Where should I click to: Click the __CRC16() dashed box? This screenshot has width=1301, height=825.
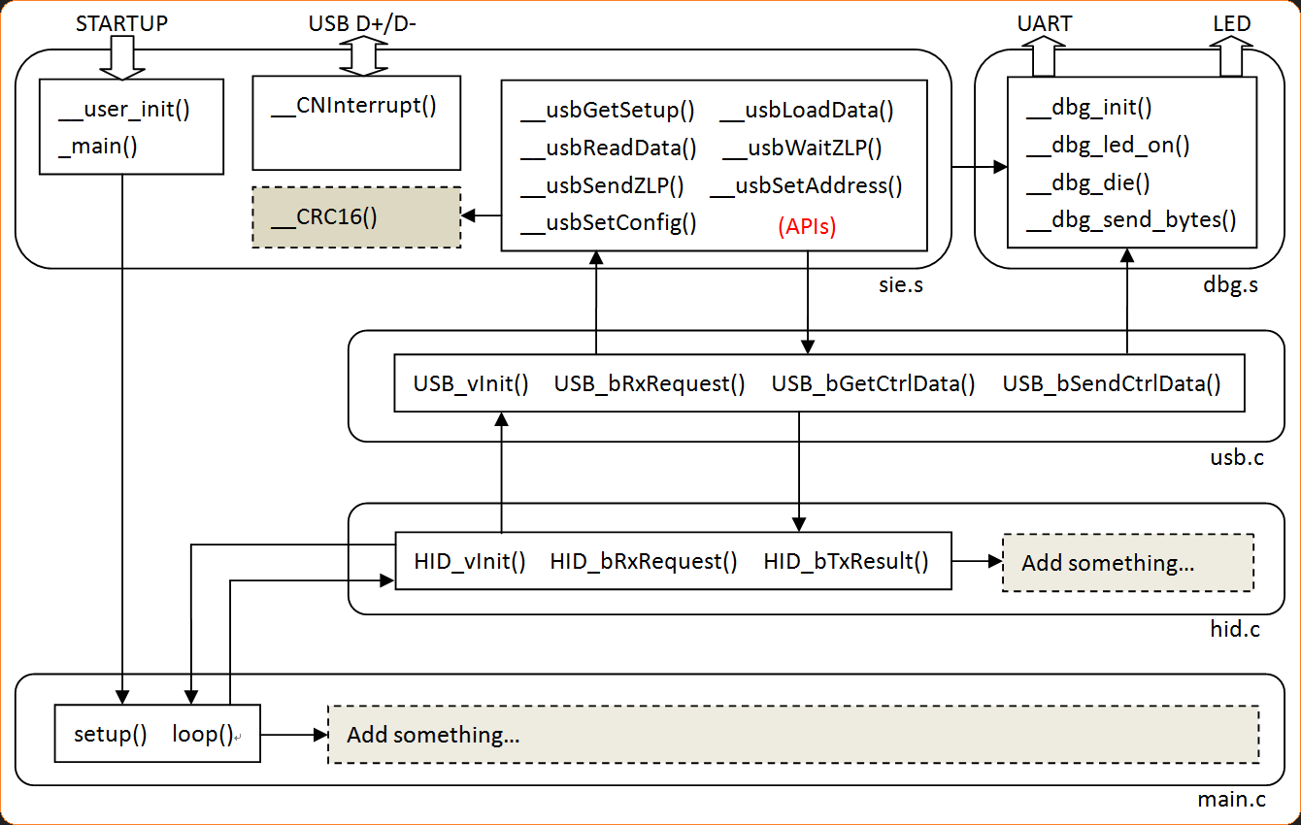click(x=356, y=217)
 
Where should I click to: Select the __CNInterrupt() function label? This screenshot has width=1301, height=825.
click(x=353, y=105)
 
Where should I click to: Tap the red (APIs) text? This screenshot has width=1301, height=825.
click(x=807, y=226)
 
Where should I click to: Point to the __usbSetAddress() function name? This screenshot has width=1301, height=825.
click(x=806, y=185)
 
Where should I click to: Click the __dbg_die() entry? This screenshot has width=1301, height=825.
click(x=1087, y=183)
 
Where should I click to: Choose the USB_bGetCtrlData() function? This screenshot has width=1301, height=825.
click(x=873, y=383)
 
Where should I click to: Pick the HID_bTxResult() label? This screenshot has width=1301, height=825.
click(x=846, y=561)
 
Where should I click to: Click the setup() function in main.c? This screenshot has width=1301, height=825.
click(x=111, y=734)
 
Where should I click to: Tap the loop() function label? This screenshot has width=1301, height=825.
click(x=203, y=734)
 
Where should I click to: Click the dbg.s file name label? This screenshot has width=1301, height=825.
click(x=1229, y=285)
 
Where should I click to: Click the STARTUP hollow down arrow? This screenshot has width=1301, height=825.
click(x=121, y=58)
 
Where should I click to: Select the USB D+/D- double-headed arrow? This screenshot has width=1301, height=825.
click(x=362, y=56)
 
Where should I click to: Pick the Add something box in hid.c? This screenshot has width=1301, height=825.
click(x=1127, y=563)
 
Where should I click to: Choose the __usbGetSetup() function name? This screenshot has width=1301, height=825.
click(x=608, y=111)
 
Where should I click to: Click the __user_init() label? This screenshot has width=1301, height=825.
click(x=124, y=110)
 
